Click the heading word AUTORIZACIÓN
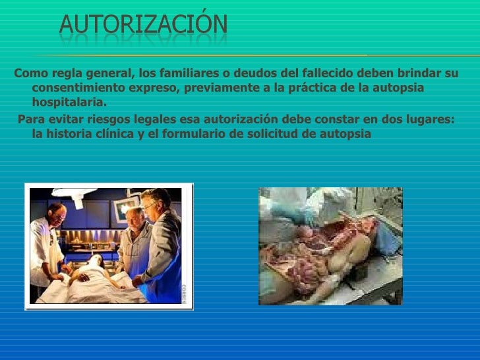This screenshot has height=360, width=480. (x=144, y=24)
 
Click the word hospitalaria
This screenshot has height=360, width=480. (x=69, y=103)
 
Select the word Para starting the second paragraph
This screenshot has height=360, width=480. (x=30, y=119)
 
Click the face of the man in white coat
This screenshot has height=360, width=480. (x=57, y=214)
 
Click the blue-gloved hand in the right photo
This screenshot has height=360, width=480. (x=305, y=215)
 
